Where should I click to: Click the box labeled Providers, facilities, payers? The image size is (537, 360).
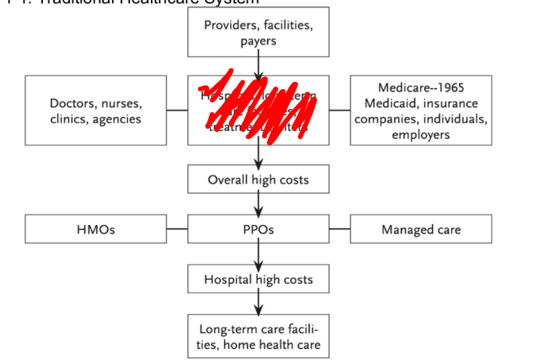tap(258, 33)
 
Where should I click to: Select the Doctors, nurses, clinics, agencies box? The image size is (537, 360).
tap(96, 111)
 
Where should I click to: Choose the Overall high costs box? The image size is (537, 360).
tap(258, 180)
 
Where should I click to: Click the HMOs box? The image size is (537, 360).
tap(96, 230)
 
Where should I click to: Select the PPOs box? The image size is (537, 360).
tap(258, 230)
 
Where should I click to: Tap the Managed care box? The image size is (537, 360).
tap(420, 230)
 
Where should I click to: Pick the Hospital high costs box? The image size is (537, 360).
tap(258, 280)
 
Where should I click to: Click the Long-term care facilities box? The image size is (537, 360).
tap(258, 337)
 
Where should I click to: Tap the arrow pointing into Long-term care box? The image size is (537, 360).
tap(258, 305)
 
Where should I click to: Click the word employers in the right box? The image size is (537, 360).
tap(420, 134)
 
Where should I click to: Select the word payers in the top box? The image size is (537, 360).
tap(258, 41)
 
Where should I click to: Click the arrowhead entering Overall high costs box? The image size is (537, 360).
tap(258, 161)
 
